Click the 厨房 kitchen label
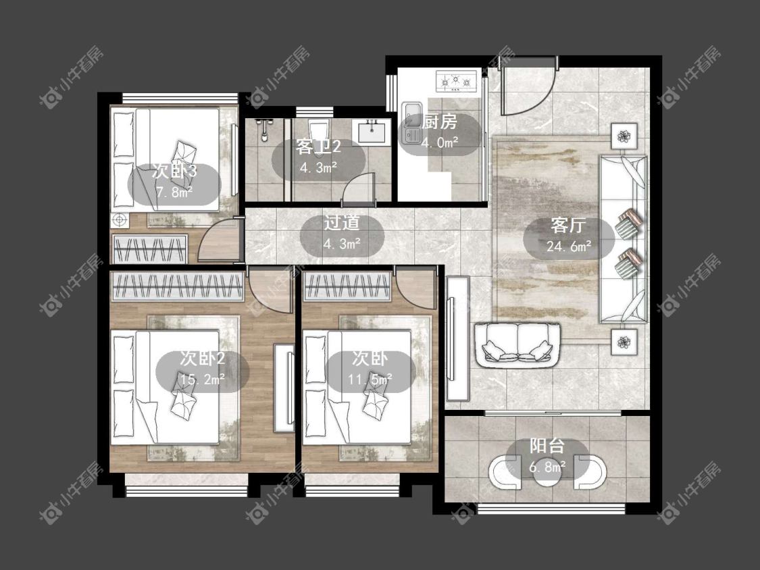439,121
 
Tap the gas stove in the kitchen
457,82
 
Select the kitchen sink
411,123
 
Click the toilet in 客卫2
318,131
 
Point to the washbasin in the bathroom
372,131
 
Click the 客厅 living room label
569,226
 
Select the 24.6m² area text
569,247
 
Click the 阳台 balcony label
547,446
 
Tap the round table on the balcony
547,472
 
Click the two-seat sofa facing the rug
517,345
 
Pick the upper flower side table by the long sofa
624,136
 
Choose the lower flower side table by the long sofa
624,342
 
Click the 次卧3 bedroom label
174,171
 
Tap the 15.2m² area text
202,380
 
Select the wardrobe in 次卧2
178,286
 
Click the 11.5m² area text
370,380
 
